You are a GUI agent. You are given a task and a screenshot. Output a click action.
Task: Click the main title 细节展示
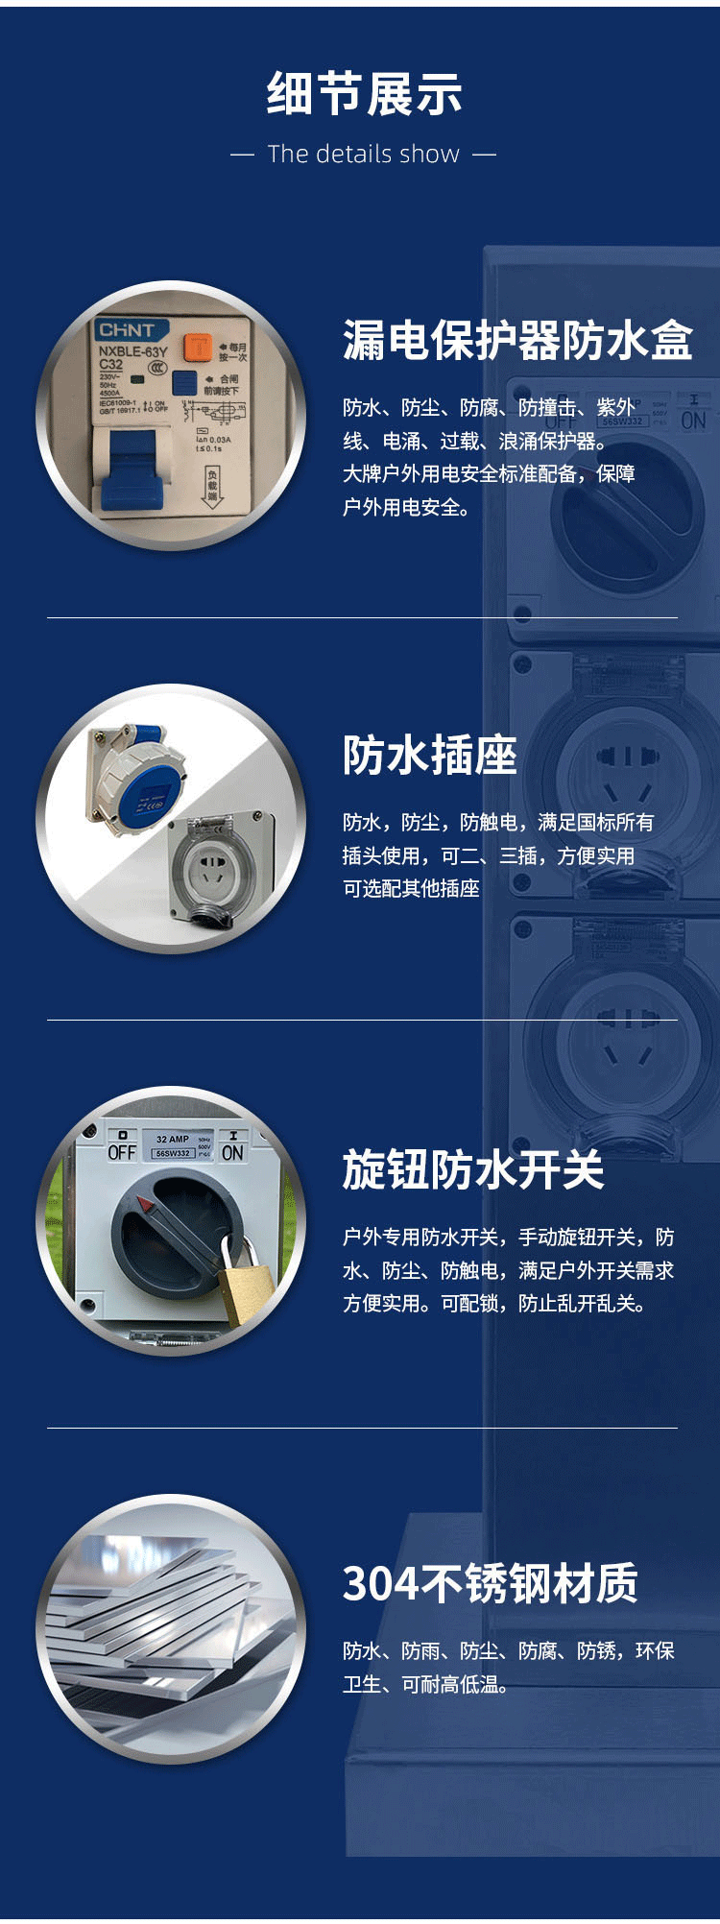(364, 94)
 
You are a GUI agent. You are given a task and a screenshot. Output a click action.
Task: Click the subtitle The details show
(363, 155)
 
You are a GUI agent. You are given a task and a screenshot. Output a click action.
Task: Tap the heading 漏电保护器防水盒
(516, 341)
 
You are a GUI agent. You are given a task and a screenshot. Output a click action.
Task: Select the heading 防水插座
(429, 755)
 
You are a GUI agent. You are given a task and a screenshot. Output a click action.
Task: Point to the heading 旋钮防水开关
(472, 1169)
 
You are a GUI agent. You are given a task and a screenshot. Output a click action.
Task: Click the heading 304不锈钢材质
(490, 1584)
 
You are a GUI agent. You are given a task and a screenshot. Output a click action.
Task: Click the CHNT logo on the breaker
(126, 330)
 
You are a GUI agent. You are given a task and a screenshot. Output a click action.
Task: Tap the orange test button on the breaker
(198, 348)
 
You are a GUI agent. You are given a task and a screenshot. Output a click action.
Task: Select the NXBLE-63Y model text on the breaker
(132, 351)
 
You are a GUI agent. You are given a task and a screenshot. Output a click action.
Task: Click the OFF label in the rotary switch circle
(122, 1152)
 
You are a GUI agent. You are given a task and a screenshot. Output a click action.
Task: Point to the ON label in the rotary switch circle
(232, 1152)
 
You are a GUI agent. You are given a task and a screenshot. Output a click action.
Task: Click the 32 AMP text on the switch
(173, 1139)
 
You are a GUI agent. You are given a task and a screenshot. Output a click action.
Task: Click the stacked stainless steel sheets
(163, 1632)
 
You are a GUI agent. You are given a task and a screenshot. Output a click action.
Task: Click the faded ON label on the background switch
(693, 421)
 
